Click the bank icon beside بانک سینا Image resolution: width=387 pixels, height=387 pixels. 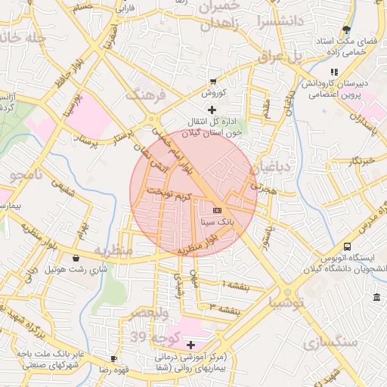(218, 209)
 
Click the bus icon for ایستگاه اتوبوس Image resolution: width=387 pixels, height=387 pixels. (347, 246)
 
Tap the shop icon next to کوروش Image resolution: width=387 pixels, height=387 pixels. (214, 81)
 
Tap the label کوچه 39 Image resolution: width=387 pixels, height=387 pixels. (150, 335)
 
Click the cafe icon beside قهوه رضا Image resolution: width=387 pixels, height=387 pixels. (113, 358)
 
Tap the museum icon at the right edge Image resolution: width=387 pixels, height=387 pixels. (376, 296)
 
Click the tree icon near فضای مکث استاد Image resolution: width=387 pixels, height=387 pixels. (346, 30)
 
